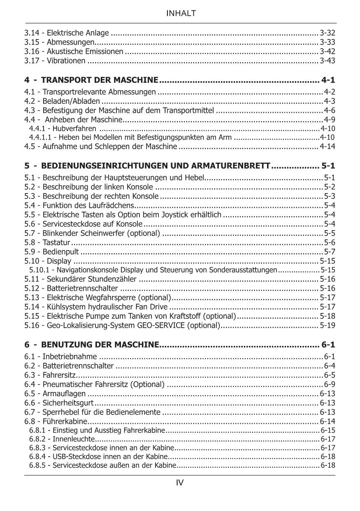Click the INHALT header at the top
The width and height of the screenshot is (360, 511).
[180, 14]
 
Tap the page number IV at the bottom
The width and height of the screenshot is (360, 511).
[180, 483]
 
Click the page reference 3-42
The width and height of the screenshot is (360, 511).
[327, 51]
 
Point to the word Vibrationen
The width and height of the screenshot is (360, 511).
[66, 61]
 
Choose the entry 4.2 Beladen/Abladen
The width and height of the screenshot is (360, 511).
[62, 101]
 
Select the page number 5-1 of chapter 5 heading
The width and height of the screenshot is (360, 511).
[328, 166]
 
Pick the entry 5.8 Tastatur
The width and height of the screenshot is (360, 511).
[47, 243]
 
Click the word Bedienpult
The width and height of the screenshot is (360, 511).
[61, 252]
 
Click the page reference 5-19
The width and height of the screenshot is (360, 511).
[327, 325]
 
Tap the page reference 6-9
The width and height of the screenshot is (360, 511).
[330, 384]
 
